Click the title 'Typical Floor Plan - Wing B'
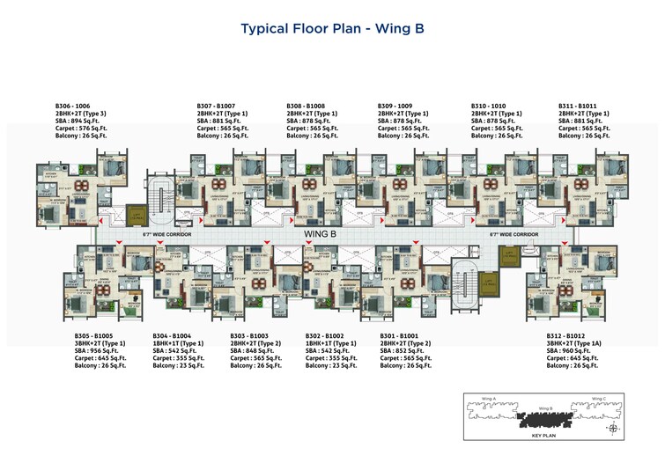(x=332, y=29)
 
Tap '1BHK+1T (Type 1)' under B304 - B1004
(x=181, y=343)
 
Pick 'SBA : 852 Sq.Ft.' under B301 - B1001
(x=406, y=350)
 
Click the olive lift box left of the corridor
(x=136, y=214)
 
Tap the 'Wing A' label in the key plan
(x=490, y=399)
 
